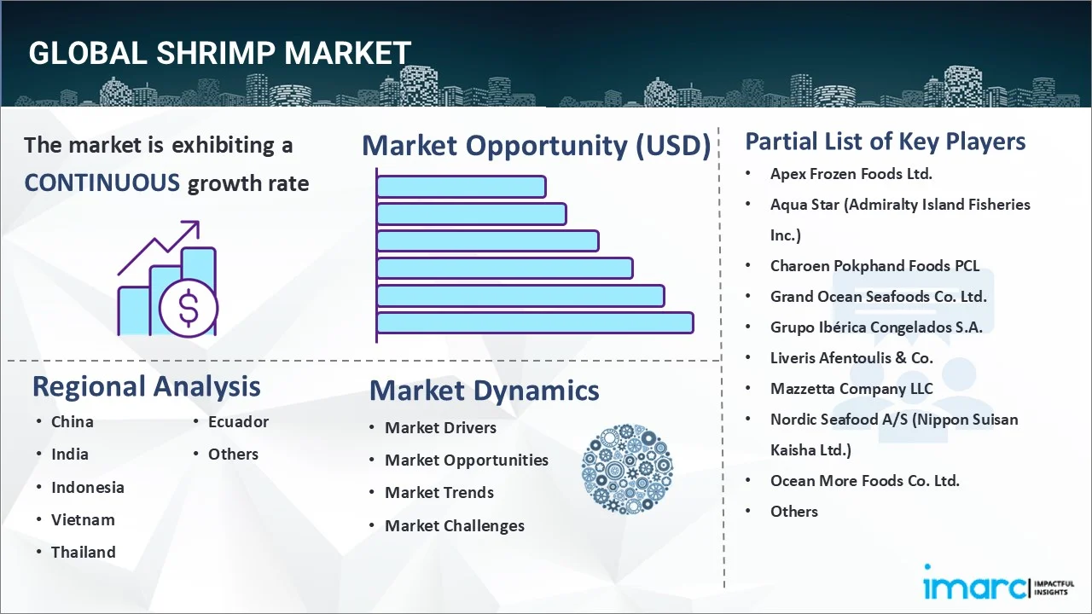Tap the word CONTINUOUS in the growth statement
pyautogui.click(x=102, y=183)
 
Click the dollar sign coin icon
pyautogui.click(x=189, y=308)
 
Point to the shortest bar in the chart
pyautogui.click(x=462, y=187)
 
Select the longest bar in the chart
pyautogui.click(x=535, y=323)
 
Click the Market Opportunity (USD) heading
pyautogui.click(x=537, y=146)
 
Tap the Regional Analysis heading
pyautogui.click(x=146, y=386)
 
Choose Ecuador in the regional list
pyautogui.click(x=238, y=421)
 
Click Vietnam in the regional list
pyautogui.click(x=83, y=520)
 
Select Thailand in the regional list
pyautogui.click(x=84, y=552)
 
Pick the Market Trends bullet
pyautogui.click(x=439, y=493)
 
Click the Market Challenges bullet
pyautogui.click(x=455, y=526)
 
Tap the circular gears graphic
pyautogui.click(x=627, y=469)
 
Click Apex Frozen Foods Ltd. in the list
pyautogui.click(x=851, y=174)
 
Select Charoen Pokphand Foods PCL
pyautogui.click(x=874, y=266)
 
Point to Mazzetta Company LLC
pyautogui.click(x=851, y=389)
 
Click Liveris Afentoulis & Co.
pyautogui.click(x=851, y=358)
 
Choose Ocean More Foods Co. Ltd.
pyautogui.click(x=865, y=481)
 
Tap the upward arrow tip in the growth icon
pyautogui.click(x=198, y=223)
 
